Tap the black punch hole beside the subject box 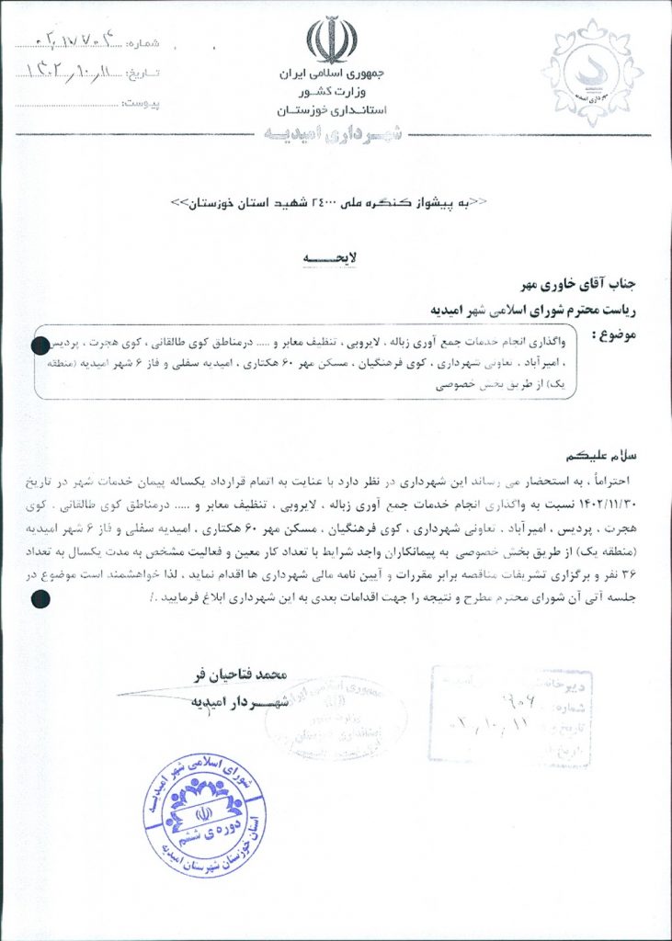[x=40, y=346]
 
